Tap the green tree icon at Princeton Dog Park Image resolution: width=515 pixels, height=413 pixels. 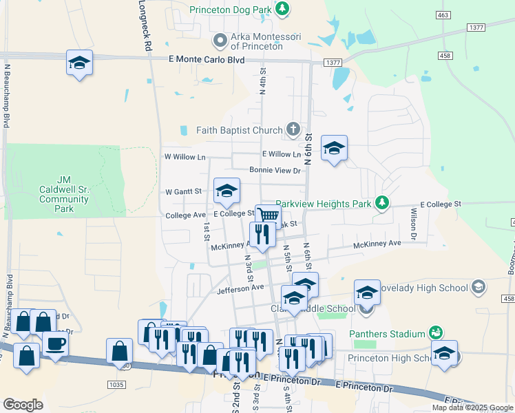tap(282, 9)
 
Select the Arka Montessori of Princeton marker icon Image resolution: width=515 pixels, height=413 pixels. tap(220, 41)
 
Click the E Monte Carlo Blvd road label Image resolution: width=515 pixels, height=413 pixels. tap(207, 60)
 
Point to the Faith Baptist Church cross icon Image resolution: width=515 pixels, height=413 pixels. tap(293, 129)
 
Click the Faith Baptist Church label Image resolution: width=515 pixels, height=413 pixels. tap(239, 130)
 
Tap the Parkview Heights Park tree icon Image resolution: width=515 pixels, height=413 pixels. tap(381, 203)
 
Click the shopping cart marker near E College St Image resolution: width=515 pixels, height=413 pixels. tap(268, 216)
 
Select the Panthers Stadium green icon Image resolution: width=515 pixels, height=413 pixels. tap(435, 334)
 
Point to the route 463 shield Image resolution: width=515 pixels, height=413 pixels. tap(443, 14)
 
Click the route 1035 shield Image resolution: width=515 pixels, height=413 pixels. tap(117, 384)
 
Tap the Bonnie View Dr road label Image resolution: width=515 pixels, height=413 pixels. tap(275, 170)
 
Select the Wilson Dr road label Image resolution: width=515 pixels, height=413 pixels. tap(414, 224)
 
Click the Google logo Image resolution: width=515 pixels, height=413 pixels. tap(23, 405)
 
